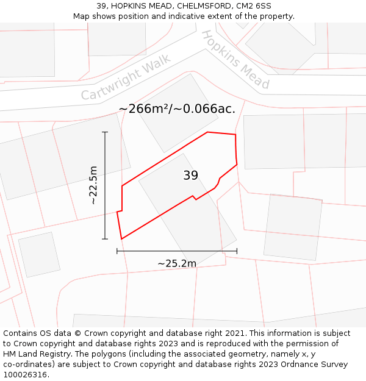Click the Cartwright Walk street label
pyautogui.click(x=126, y=77)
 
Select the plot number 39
pyautogui.click(x=190, y=176)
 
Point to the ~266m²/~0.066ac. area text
pyautogui.click(x=177, y=109)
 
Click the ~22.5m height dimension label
pyautogui.click(x=93, y=185)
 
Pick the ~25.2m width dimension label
pyautogui.click(x=177, y=263)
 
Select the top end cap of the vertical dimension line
pyautogui.click(x=105, y=132)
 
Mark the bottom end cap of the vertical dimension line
pyautogui.click(x=105, y=239)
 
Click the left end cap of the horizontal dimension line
pyautogui.click(x=117, y=251)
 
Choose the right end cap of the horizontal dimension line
pyautogui.click(x=237, y=251)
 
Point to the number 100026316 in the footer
pyautogui.click(x=24, y=375)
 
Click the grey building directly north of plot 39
pyautogui.click(x=176, y=113)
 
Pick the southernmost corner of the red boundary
pyautogui.click(x=121, y=239)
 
